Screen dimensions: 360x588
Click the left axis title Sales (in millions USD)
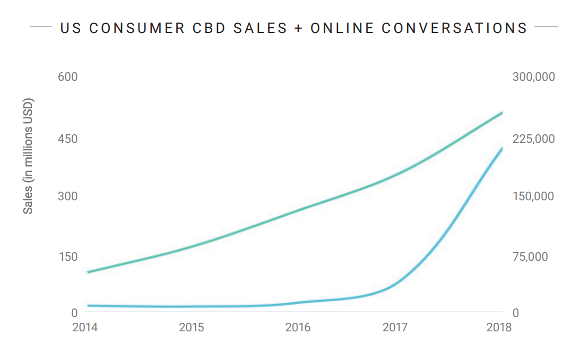[x=28, y=156]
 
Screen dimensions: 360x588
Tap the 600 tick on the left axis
[x=67, y=77]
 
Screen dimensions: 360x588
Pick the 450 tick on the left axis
[x=67, y=139]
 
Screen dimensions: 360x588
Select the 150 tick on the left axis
[x=67, y=257]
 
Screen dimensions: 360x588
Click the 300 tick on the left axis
[x=67, y=196]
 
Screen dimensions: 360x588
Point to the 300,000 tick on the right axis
[x=533, y=77]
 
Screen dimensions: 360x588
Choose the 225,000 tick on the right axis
[x=533, y=139]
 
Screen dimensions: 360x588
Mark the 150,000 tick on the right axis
[x=533, y=196]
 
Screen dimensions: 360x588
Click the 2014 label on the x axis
[x=85, y=327]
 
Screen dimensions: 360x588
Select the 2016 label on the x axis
[x=298, y=327]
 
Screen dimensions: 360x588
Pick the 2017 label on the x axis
[x=395, y=327]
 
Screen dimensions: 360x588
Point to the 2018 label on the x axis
[x=499, y=327]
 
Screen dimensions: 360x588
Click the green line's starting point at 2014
[x=88, y=272]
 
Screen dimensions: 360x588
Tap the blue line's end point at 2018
[x=501, y=148]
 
